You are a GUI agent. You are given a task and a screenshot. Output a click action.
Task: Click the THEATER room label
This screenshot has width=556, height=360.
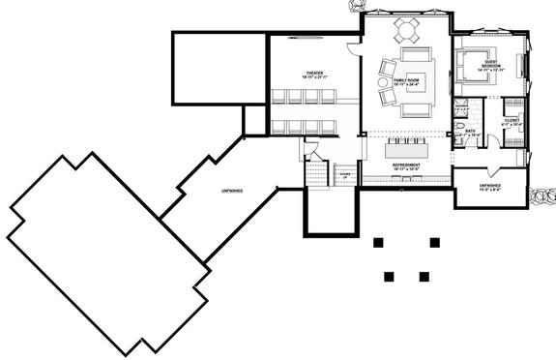tap(313, 74)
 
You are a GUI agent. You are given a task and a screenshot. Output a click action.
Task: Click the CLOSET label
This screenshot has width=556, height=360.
tap(512, 122)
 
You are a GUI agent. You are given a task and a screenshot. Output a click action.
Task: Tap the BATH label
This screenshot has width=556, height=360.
tap(470, 132)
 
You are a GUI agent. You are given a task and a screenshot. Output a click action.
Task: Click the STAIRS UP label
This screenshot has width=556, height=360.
tap(343, 175)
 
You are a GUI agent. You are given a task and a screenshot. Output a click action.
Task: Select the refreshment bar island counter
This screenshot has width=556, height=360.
tap(406, 151)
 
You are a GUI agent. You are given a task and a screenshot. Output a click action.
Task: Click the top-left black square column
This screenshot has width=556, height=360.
tap(378, 242)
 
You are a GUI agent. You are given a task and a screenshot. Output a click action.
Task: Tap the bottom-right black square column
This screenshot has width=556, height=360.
tap(424, 276)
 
